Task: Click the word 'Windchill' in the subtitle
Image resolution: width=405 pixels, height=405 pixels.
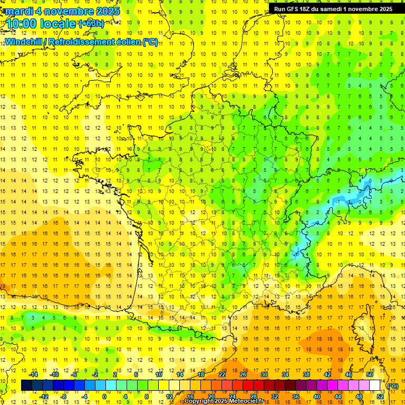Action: [x=24, y=42]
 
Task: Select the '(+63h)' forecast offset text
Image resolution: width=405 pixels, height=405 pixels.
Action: [x=91, y=23]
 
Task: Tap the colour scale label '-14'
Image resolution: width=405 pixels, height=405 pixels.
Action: [x=34, y=374]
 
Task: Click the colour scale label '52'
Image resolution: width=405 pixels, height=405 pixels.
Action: [x=380, y=396]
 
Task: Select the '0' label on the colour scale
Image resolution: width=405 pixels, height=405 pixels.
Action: [x=104, y=396]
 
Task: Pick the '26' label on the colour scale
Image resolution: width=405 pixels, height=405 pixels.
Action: [x=243, y=374]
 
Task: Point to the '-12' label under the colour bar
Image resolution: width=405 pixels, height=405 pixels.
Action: [x=44, y=396]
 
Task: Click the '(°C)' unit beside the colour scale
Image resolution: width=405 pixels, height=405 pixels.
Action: [x=392, y=385]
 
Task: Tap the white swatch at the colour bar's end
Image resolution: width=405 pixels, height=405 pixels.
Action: [x=375, y=385]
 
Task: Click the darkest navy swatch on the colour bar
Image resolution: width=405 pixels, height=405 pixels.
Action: [x=26, y=385]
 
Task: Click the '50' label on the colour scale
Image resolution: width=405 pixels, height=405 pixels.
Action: [x=370, y=374]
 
